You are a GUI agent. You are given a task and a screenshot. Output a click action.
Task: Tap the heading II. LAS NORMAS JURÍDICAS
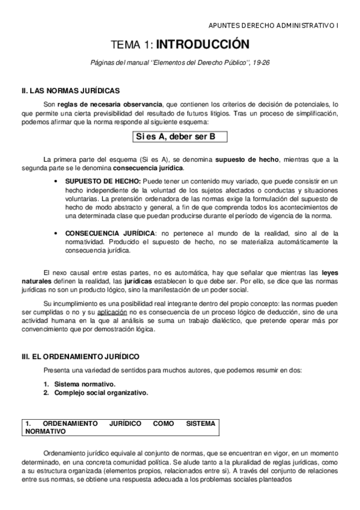(x=71, y=91)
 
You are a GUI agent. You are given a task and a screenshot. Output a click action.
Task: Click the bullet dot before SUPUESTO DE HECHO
(x=56, y=182)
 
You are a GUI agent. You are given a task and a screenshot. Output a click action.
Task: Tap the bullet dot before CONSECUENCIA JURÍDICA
(x=56, y=233)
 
